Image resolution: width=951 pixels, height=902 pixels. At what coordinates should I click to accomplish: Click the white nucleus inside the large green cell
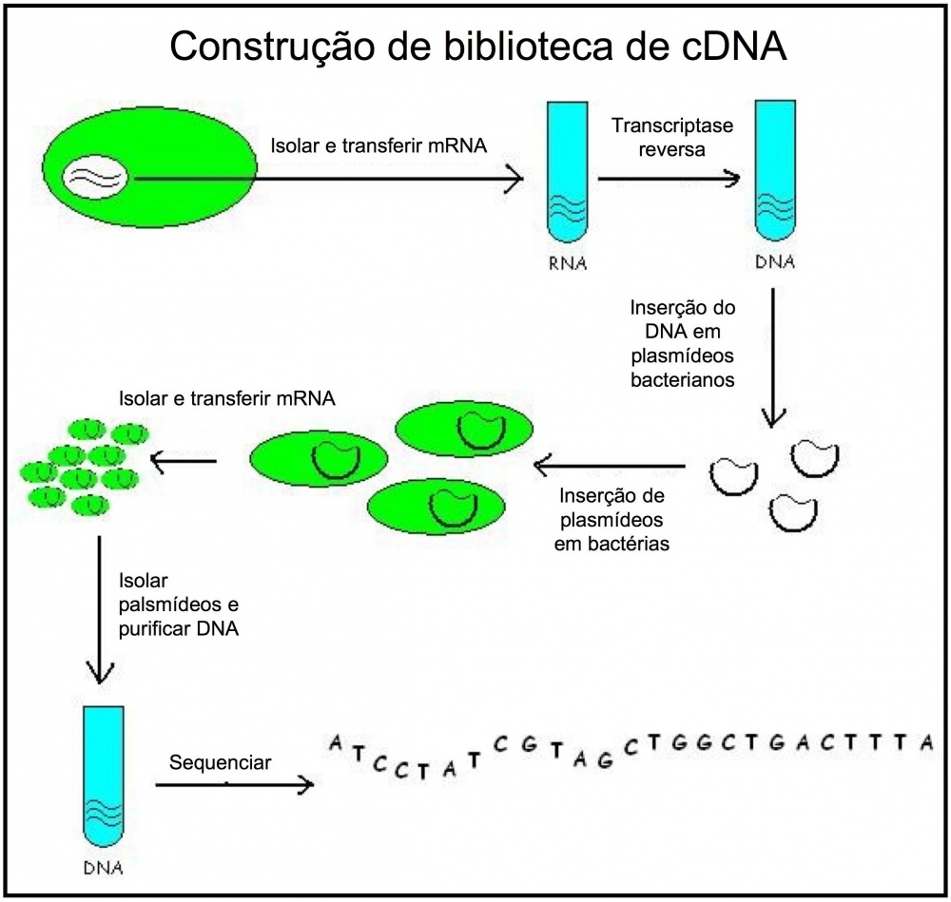click(94, 178)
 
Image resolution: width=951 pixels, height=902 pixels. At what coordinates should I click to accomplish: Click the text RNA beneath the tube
click(568, 263)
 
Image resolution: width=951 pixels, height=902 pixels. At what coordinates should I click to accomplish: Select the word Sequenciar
click(220, 762)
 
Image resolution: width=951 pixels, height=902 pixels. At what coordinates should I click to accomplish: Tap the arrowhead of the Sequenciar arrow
click(305, 785)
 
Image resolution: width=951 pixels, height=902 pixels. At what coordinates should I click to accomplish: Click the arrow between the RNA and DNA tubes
click(670, 177)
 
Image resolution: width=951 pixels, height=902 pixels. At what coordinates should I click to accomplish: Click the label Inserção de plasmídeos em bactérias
click(611, 520)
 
